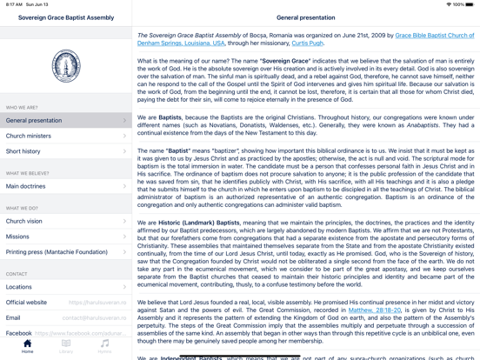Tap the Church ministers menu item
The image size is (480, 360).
tap(65, 136)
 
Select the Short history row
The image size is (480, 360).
tap(65, 151)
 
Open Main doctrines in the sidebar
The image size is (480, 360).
tap(65, 186)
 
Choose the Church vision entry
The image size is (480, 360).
tap(65, 221)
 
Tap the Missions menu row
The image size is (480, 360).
tap(65, 237)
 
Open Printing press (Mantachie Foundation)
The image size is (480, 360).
tap(65, 252)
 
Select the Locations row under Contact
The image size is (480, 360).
tap(65, 287)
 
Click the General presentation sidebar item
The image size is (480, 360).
tap(65, 120)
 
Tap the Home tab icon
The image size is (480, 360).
tap(27, 346)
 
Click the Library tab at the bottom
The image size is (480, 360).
tap(66, 346)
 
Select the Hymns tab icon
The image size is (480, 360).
tap(104, 346)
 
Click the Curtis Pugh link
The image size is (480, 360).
tap(307, 43)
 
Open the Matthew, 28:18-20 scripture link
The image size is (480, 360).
tap(375, 310)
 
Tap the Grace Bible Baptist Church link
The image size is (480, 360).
tap(435, 36)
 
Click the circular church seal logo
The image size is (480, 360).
tap(66, 66)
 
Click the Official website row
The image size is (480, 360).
tap(65, 303)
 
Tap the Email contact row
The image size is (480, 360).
tap(65, 317)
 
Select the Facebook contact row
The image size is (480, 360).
tap(65, 332)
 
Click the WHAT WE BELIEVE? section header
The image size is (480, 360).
tap(28, 173)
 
